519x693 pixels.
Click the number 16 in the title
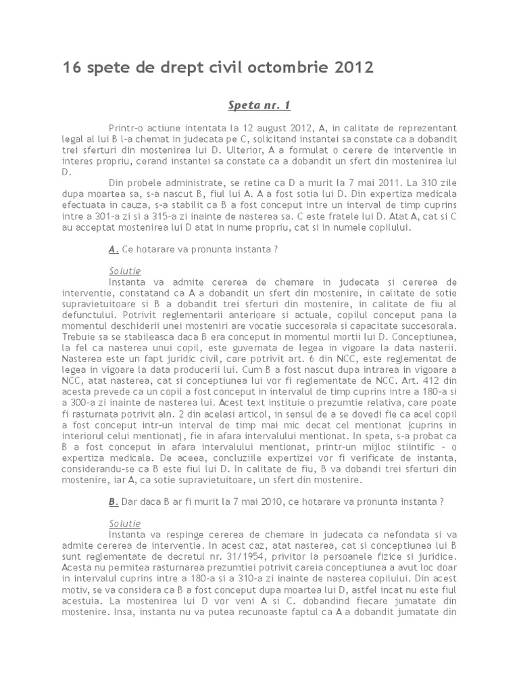point(71,68)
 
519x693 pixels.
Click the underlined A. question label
point(114,250)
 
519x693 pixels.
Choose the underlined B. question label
point(114,502)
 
